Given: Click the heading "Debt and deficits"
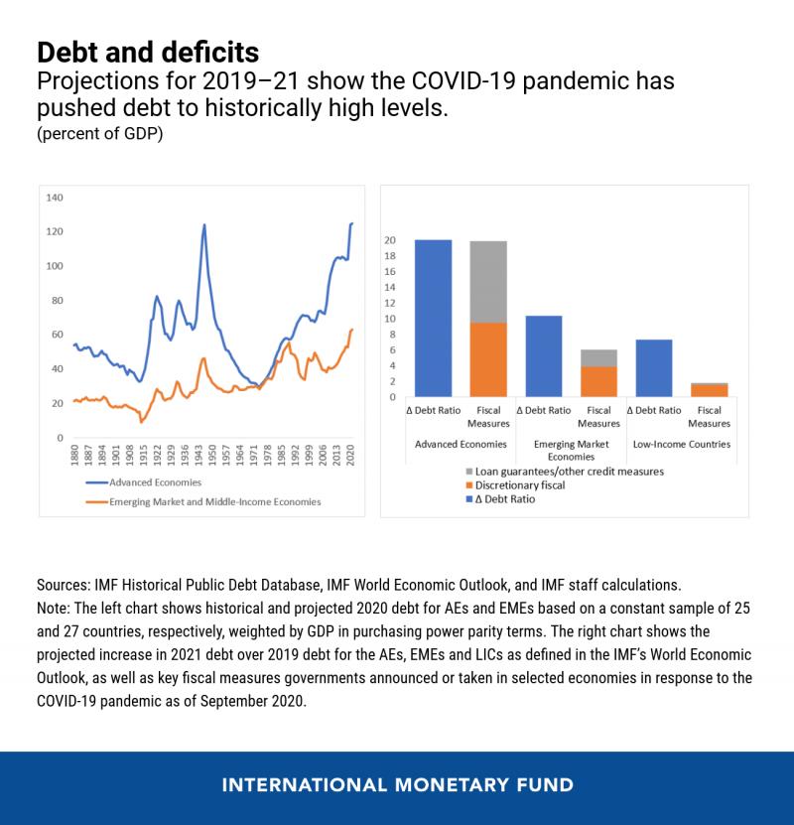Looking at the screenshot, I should point(148,52).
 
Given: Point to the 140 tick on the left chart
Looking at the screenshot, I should point(55,198).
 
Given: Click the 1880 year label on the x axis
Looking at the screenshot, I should point(74,457).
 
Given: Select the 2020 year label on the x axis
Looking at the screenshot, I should point(351,457).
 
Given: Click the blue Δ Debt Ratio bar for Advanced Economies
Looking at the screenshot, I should point(433,318).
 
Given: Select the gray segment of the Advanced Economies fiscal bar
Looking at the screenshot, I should point(488,282).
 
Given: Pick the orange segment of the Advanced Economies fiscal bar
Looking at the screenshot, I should point(488,359).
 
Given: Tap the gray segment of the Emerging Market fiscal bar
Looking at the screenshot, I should point(598,358).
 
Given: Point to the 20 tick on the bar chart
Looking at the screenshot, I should point(390,240).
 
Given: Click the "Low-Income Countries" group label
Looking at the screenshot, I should point(682,444).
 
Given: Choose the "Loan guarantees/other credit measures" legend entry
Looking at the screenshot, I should point(564,472).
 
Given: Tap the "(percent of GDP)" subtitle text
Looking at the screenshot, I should point(99,134).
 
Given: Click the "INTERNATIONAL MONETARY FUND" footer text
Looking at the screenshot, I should point(397,785).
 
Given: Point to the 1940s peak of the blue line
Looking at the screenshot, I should point(204,224).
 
